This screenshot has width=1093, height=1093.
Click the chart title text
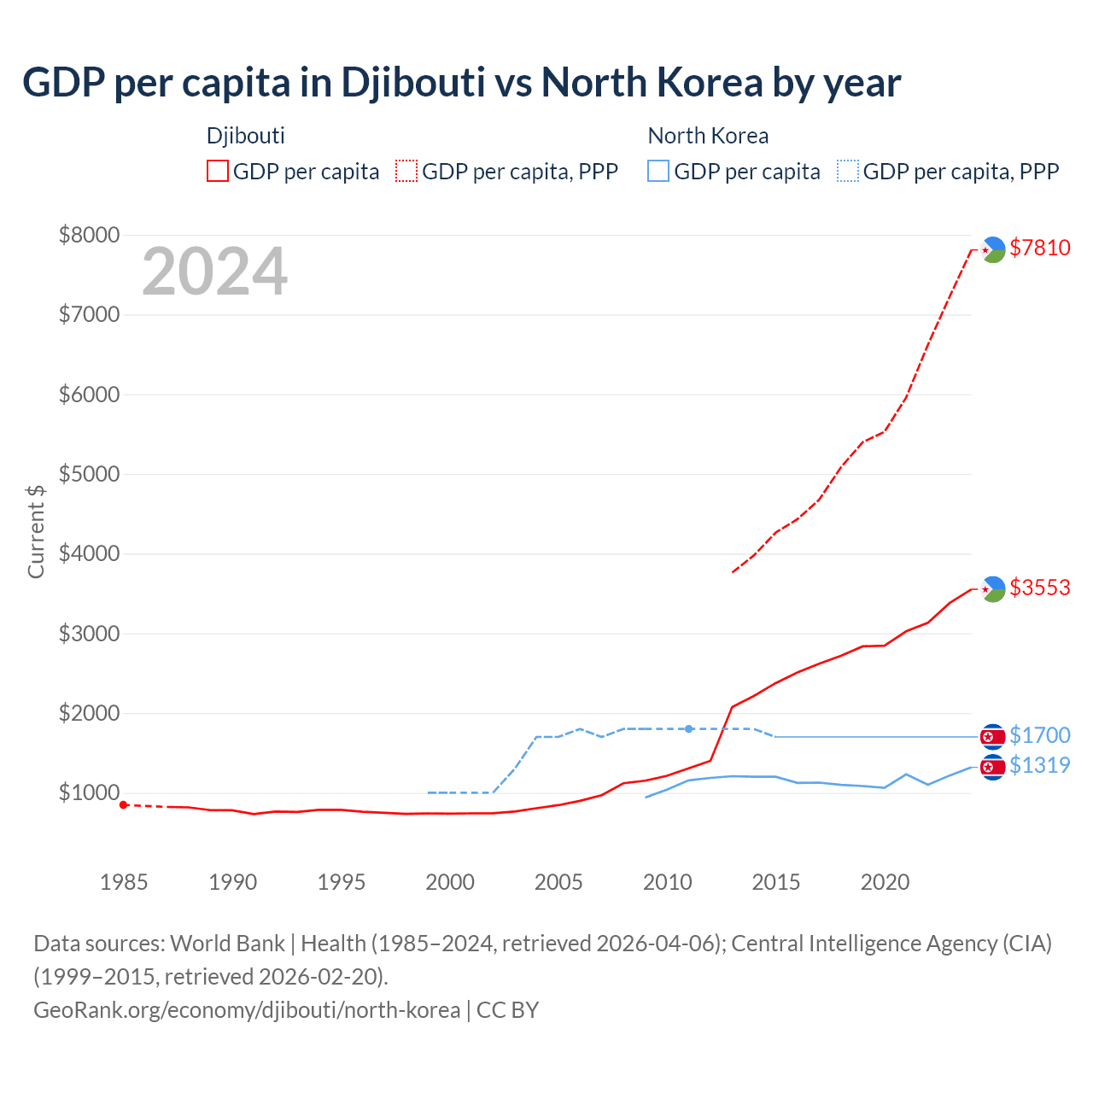click(x=461, y=83)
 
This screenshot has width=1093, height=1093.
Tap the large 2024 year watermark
click(x=214, y=272)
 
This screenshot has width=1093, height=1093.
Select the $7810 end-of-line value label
click(x=1039, y=248)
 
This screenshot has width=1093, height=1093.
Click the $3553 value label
click(x=1039, y=587)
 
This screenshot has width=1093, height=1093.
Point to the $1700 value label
click(x=1039, y=735)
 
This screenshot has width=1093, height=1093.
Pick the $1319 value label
click(x=1039, y=765)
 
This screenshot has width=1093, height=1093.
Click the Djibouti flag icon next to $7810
click(x=992, y=249)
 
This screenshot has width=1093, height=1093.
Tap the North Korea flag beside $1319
click(x=992, y=767)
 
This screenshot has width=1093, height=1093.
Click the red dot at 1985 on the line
click(x=124, y=804)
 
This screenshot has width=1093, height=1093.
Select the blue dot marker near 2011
click(x=688, y=728)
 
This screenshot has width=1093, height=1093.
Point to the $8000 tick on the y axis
click(x=89, y=235)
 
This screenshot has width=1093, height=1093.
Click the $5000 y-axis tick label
click(x=89, y=474)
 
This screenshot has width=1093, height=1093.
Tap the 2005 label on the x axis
click(x=558, y=882)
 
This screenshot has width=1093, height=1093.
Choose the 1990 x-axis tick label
click(x=232, y=882)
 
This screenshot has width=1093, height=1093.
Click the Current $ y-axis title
click(x=36, y=531)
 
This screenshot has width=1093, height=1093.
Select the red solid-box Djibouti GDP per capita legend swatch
click(x=218, y=171)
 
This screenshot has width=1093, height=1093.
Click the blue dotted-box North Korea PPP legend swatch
click(x=848, y=171)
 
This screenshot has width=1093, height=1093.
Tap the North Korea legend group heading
click(x=708, y=136)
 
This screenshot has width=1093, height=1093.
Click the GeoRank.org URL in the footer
click(x=247, y=1009)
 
